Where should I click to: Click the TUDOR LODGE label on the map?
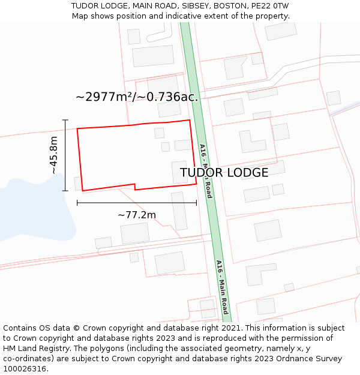pos(224,173)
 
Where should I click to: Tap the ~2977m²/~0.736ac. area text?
pos(137,97)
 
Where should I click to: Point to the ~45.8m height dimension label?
pos(54,155)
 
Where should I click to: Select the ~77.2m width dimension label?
pos(137,215)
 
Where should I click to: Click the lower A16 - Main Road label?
pos(222,287)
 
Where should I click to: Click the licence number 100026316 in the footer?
pos(24,368)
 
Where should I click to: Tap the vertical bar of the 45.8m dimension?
pos(65,155)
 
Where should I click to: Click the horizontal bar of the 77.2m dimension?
pos(137,202)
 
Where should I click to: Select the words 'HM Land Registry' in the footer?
pos(37,348)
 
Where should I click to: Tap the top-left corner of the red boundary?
pos(77,128)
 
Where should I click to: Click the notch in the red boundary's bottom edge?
pos(134,187)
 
